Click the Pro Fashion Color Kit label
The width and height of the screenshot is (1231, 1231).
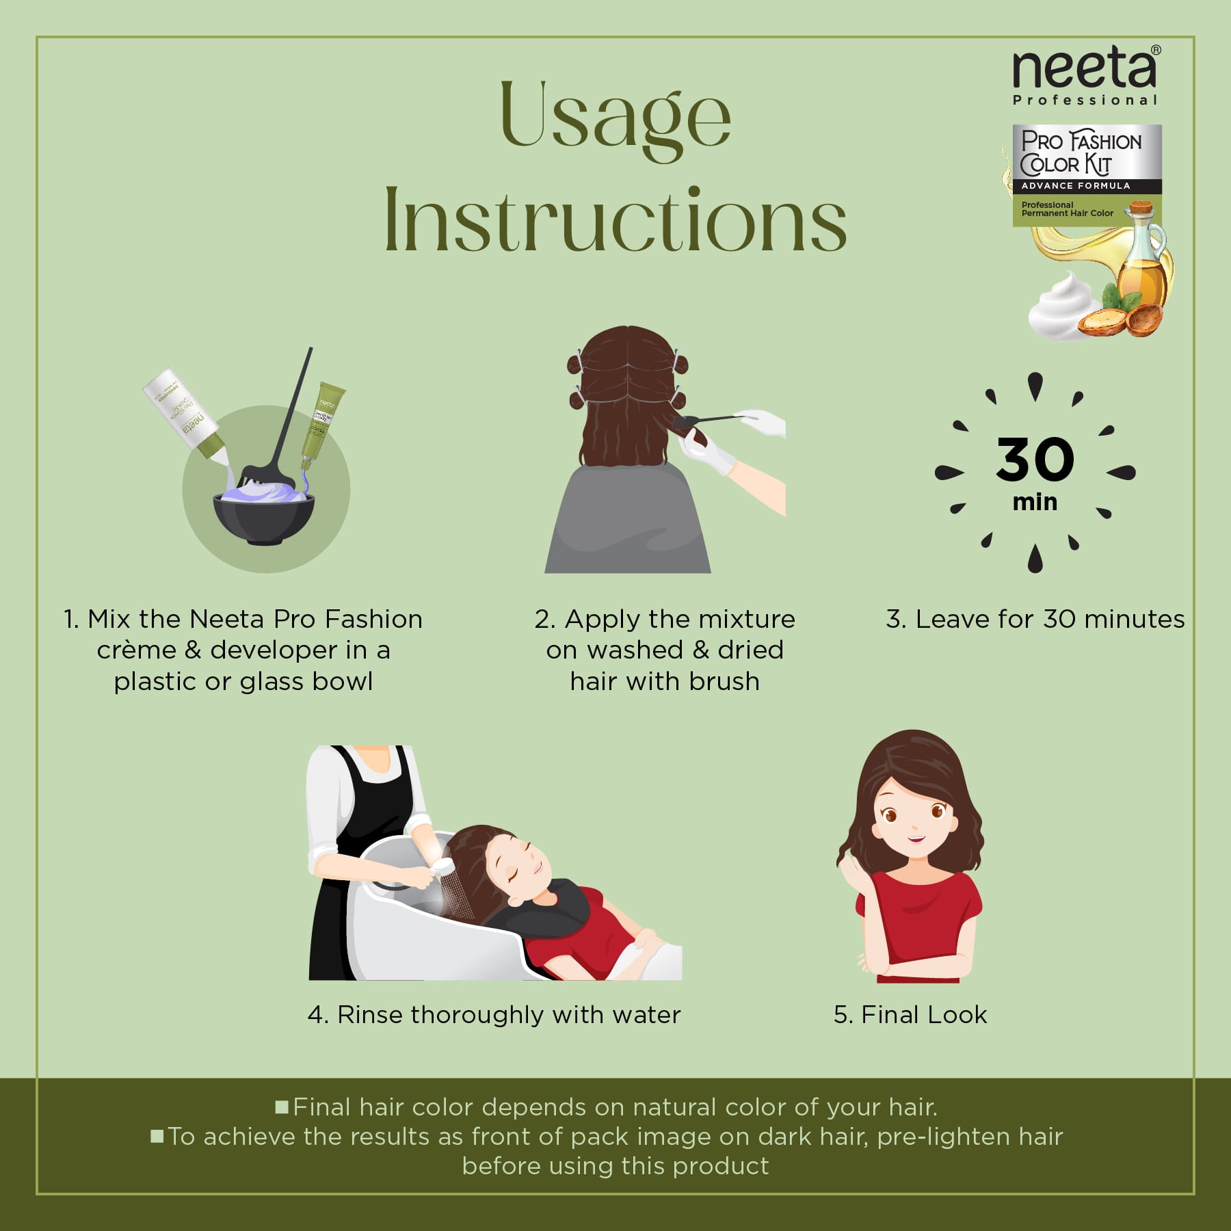[1081, 153]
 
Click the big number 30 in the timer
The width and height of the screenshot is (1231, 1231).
[1035, 460]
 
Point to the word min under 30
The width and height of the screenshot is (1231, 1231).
[1035, 502]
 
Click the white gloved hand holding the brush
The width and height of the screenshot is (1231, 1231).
[766, 421]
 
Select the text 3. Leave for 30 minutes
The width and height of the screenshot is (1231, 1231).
[1035, 619]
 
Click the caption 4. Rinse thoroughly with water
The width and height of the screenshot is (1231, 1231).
[494, 1015]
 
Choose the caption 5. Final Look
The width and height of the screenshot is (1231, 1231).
[910, 1015]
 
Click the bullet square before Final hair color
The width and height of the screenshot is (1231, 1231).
[282, 1107]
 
